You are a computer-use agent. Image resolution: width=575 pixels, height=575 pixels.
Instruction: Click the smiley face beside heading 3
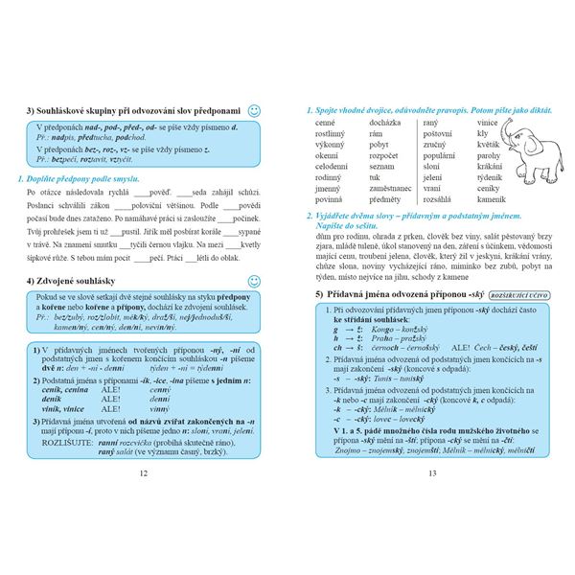point(254,110)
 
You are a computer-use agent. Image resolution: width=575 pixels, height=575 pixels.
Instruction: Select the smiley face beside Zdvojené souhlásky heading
point(254,280)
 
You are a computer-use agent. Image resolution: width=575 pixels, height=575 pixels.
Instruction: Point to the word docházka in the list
point(386,124)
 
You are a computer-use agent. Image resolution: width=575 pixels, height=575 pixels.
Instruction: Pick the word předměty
point(386,199)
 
